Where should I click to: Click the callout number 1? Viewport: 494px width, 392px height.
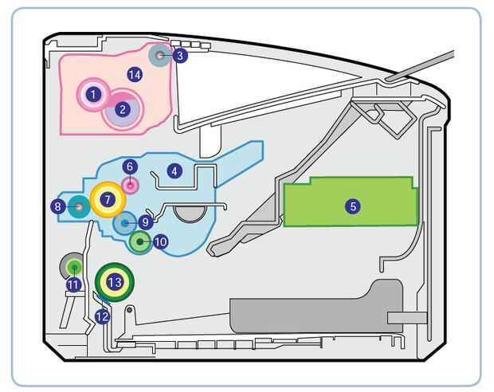94,94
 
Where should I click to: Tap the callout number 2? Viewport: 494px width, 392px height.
122,110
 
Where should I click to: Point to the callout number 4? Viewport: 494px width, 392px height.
174,171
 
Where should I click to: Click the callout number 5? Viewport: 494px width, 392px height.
352,206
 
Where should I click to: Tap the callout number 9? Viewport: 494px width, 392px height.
144,222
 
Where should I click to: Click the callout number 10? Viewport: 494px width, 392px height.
160,241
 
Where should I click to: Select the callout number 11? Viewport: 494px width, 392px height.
74,284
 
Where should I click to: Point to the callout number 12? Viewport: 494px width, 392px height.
101,316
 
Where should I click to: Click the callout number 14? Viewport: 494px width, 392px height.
134,74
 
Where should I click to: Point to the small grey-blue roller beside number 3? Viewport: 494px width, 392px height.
161,55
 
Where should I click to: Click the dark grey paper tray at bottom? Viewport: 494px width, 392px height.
311,307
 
